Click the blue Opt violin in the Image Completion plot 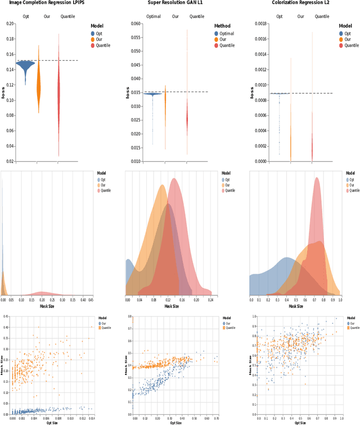25,66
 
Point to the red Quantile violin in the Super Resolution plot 187,115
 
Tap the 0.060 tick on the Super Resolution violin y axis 136,24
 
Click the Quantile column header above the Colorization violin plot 322,16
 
